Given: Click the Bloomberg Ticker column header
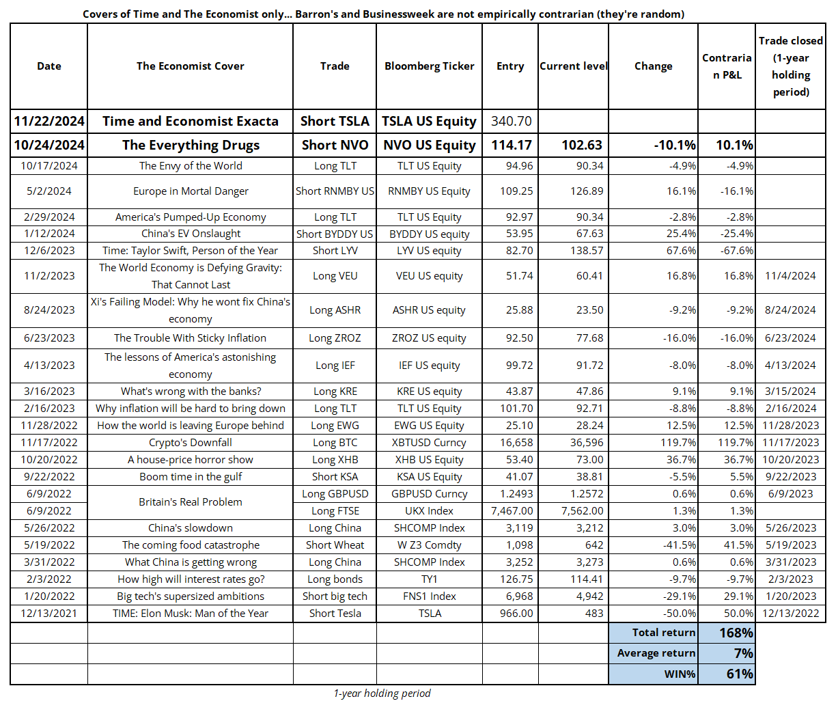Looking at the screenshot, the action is coord(429,66).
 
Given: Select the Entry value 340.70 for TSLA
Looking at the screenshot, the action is coord(511,121).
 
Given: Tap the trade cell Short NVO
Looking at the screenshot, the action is coord(335,145).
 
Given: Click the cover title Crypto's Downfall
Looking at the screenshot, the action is coord(190,442).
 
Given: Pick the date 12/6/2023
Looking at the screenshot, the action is coord(49,250).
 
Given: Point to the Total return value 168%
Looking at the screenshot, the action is coord(736,633).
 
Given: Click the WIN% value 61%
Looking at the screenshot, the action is coord(740,674).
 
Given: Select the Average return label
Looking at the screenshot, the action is coord(656,653).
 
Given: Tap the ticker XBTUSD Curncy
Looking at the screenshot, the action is coord(429,442).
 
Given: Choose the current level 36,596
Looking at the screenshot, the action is coord(586,442).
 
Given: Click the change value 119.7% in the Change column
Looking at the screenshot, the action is coord(678,442).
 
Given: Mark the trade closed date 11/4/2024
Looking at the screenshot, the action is coord(790,276).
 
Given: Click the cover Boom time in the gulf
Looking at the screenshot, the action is coord(190,476).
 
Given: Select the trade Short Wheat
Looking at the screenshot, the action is coord(335,545).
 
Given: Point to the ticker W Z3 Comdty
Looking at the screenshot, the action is coord(429,545).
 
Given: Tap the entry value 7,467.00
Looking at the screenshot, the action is coord(512,511).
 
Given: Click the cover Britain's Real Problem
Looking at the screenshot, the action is coord(190,502).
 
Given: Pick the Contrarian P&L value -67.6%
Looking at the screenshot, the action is coord(737,250).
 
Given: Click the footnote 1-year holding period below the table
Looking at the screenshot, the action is coord(382,693).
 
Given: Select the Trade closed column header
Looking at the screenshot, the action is coord(791,66).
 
